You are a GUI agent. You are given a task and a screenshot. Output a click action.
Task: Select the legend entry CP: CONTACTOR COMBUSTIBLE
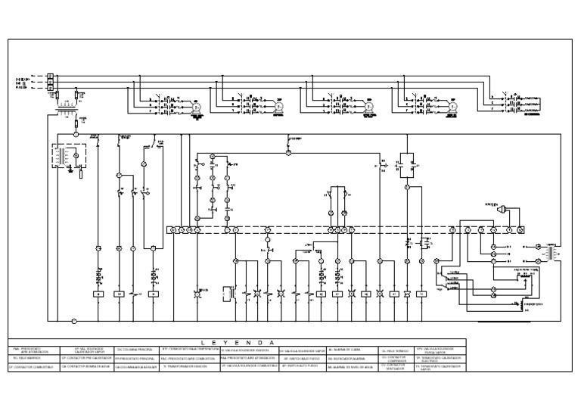pyautogui.click(x=32, y=366)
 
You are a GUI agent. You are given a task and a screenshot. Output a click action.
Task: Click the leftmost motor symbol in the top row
pyautogui.click(x=194, y=107)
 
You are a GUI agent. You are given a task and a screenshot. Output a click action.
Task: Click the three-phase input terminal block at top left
pyautogui.click(x=50, y=83)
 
